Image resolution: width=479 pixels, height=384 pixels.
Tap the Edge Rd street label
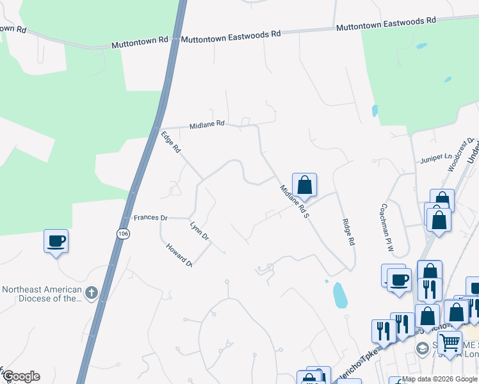coord(171,142)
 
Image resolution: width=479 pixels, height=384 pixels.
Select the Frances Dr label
coord(150,218)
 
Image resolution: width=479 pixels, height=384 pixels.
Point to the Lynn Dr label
coord(200,231)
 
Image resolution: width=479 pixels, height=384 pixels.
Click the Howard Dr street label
coord(179,254)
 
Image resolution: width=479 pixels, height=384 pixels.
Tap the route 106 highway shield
coord(122,234)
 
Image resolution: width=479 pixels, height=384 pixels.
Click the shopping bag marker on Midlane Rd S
coord(305,185)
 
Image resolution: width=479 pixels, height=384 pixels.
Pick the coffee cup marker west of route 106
coord(56,241)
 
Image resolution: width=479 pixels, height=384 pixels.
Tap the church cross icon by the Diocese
coord(91,293)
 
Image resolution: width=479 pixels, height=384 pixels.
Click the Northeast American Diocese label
coord(42,294)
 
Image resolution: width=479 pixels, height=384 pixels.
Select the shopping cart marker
coord(450,342)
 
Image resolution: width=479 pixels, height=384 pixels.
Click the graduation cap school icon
coord(422,349)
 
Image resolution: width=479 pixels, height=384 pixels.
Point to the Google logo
coord(21,376)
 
